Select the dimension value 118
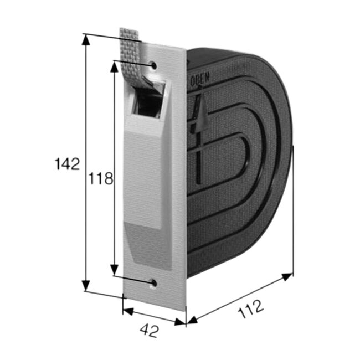click(x=101, y=178)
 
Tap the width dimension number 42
click(x=149, y=331)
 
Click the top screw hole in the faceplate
click(x=154, y=66)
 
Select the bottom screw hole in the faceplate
click(x=154, y=284)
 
